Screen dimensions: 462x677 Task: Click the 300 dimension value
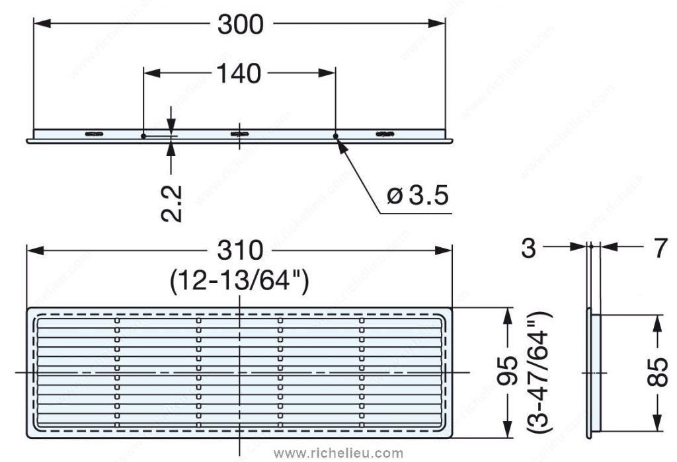[240, 24]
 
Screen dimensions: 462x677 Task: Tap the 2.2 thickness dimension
[172, 203]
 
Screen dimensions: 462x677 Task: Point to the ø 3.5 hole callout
[418, 196]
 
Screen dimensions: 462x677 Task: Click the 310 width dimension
[240, 251]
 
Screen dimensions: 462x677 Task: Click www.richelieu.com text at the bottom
[338, 453]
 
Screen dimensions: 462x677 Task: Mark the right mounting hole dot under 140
[336, 136]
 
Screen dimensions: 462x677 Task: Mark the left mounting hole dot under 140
[143, 136]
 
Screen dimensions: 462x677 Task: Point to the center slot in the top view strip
[239, 134]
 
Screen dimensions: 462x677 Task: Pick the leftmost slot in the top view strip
[93, 134]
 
